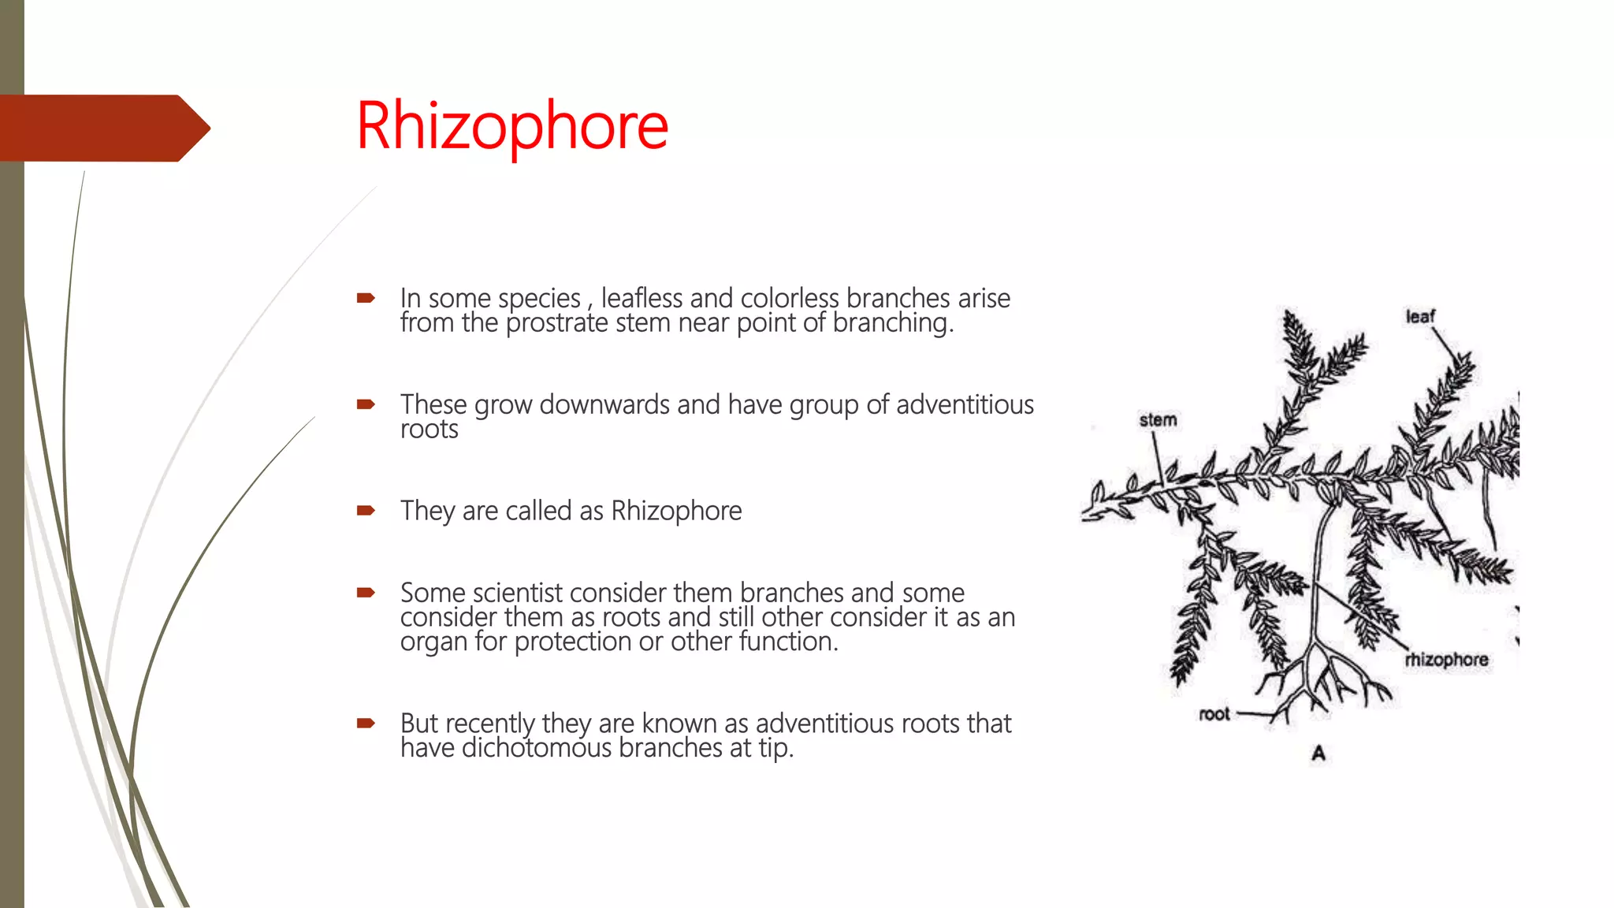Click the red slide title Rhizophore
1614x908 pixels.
512,126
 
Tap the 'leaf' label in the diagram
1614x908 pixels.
1420,317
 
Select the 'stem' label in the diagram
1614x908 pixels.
1158,420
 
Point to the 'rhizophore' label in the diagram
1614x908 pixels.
1446,660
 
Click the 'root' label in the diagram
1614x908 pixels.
1214,714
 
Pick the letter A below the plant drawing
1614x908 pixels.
1318,754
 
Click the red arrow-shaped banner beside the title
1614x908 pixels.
102,128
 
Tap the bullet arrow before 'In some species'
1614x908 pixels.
366,298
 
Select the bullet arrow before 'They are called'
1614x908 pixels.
366,511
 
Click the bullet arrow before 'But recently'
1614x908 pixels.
366,723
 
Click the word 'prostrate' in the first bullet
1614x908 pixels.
557,323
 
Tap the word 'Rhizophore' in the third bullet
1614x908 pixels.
676,511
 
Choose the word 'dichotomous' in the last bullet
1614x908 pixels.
537,748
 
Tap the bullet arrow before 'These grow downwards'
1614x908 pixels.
366,404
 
